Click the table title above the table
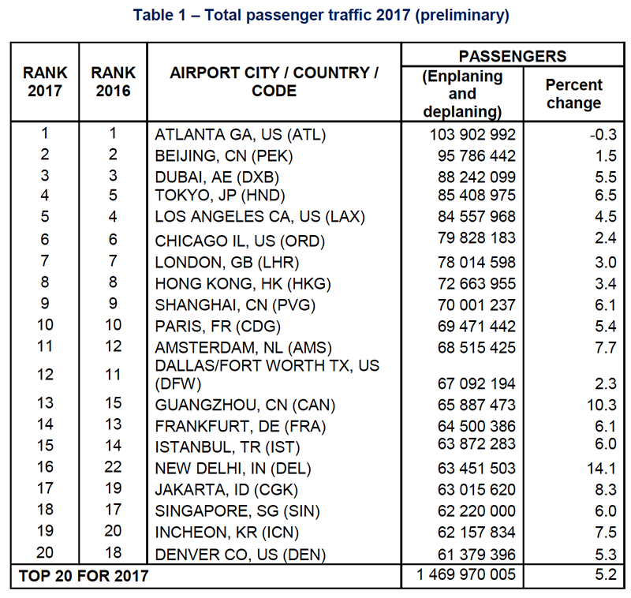click(321, 15)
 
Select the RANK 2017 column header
click(45, 82)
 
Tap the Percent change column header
click(574, 94)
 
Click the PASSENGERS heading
click(513, 56)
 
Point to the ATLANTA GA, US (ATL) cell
click(241, 135)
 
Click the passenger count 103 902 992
click(472, 134)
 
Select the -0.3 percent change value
click(603, 134)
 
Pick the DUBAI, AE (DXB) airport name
click(217, 178)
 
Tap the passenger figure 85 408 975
click(476, 195)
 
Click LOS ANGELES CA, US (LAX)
click(260, 217)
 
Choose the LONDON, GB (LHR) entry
click(227, 263)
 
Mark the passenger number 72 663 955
click(476, 284)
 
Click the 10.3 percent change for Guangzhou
click(601, 405)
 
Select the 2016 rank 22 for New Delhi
click(113, 467)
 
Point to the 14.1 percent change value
click(601, 469)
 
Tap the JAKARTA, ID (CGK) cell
click(226, 490)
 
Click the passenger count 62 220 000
click(476, 511)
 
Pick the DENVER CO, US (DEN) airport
click(241, 555)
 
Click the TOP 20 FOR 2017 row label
click(84, 576)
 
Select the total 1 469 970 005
click(466, 574)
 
